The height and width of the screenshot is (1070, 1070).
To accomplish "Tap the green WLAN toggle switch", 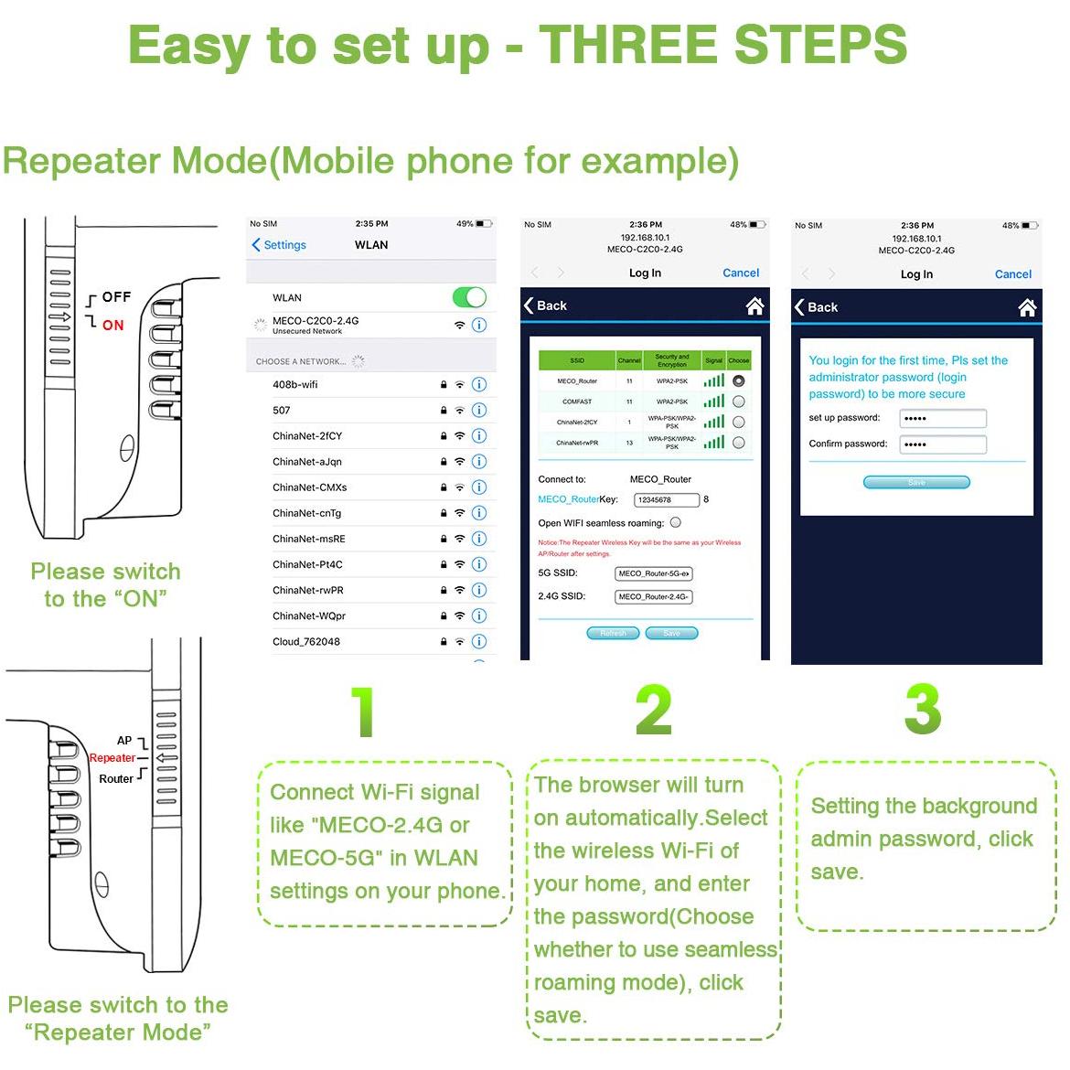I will point(469,297).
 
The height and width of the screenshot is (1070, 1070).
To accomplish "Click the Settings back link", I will point(279,245).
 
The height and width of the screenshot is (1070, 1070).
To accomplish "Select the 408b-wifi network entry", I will point(295,385).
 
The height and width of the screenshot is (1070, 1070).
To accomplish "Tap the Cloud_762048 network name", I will point(306,642).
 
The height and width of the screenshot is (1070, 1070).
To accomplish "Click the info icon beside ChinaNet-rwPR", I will point(479,590).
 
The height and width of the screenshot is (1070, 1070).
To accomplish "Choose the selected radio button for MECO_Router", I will point(738,380).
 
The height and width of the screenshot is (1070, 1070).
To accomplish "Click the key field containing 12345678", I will point(667,499).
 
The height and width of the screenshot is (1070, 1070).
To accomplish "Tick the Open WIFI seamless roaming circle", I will point(676,523).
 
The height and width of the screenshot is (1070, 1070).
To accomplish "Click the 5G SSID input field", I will point(653,573).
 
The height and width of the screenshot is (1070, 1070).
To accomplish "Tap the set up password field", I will point(943,418).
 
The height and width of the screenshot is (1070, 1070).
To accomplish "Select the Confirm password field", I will point(943,444).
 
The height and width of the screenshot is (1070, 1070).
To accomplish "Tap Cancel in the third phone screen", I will point(1012,274).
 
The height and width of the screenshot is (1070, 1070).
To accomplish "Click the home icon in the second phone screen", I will point(754,306).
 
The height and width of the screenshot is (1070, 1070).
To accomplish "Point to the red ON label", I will point(113,326).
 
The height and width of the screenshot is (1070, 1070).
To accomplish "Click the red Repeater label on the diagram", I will point(112,758).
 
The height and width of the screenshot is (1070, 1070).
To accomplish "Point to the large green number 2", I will point(653,710).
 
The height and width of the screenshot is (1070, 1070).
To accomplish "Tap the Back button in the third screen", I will point(817,307).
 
